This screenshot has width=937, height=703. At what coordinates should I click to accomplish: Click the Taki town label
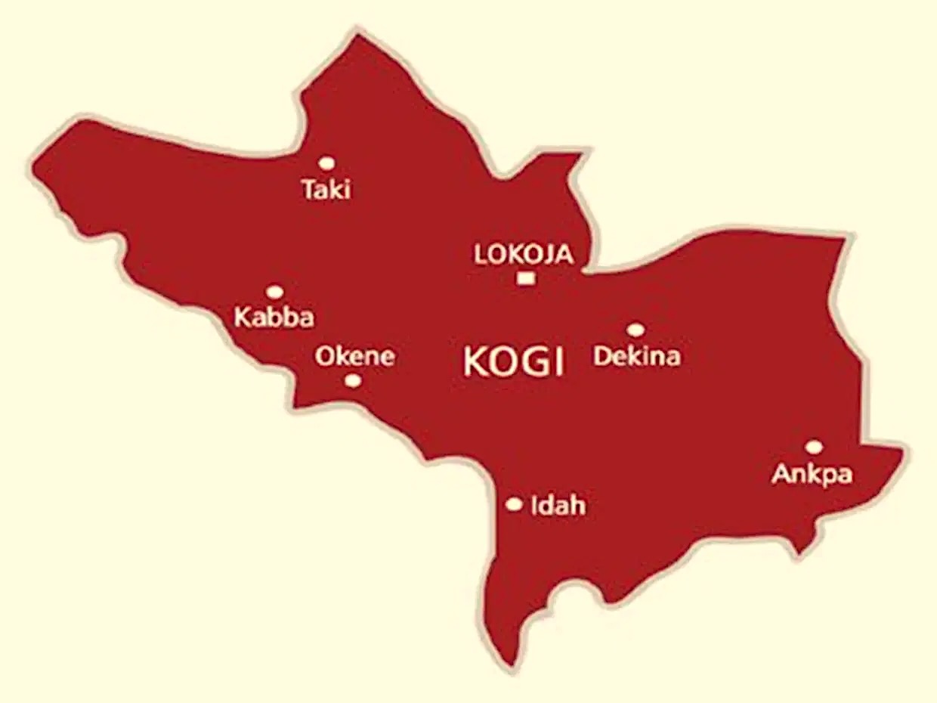tap(326, 189)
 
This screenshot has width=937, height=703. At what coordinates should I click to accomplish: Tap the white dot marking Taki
tap(326, 163)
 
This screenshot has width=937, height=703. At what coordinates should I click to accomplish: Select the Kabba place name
tap(274, 317)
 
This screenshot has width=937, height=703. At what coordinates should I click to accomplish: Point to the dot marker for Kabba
tap(275, 292)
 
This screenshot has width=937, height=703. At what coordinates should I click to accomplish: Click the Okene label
tap(354, 356)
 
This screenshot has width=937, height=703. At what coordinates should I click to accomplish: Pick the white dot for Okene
tap(353, 380)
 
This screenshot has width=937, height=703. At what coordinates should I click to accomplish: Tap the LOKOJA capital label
tap(523, 255)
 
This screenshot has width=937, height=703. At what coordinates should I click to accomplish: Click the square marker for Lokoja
tap(526, 278)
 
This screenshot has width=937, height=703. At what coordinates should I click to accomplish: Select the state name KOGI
tap(513, 362)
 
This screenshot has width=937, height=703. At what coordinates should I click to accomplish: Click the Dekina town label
tap(636, 356)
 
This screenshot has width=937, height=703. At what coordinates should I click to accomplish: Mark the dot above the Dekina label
tap(635, 330)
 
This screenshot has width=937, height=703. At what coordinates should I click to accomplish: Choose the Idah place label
tap(558, 505)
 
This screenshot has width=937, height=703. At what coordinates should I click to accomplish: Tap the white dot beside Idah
tap(514, 504)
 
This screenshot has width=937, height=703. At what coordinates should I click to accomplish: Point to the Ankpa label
tap(812, 475)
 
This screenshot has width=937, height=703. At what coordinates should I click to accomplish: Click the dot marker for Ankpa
tap(814, 447)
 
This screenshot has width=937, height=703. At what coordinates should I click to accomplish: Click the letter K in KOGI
tap(475, 362)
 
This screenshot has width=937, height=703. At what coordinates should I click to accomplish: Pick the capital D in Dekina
tap(602, 355)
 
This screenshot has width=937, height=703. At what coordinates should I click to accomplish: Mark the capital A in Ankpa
tap(781, 474)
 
